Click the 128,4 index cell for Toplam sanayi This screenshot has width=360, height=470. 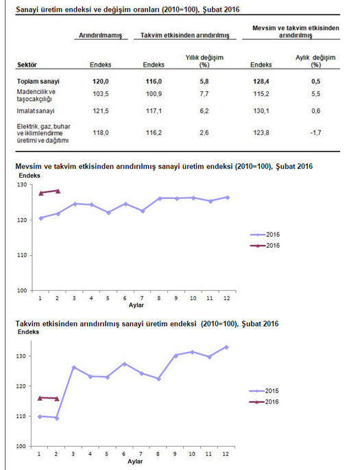pos(261,82)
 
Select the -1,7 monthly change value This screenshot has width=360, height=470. pos(315,132)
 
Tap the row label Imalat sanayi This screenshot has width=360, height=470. pos(36,111)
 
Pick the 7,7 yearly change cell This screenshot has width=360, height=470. pos(204,94)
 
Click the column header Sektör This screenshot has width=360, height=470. pos(27,64)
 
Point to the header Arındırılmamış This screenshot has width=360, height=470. pos(100,36)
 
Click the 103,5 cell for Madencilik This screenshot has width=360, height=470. pos(101,94)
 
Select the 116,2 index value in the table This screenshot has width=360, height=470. pos(154,132)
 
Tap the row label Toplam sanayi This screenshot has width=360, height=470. pos(38,82)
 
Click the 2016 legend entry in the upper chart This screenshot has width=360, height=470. pos(265,246)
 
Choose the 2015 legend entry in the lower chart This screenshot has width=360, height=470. pos(263,391)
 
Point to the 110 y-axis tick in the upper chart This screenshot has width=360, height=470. pos(22,255)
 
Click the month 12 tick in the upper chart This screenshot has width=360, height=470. pos(227,298)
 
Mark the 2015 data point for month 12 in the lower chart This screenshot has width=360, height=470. pos(226,347)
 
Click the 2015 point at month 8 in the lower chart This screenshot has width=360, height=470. pos(158,379)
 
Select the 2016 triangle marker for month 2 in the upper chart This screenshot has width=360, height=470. pos(58,191)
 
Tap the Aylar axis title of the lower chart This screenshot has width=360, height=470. pos(135,461)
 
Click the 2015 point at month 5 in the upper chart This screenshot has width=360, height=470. pos(108,213)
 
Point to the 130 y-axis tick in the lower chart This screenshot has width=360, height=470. pos(21,356)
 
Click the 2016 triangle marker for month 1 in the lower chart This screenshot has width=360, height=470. pos(40,398)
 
